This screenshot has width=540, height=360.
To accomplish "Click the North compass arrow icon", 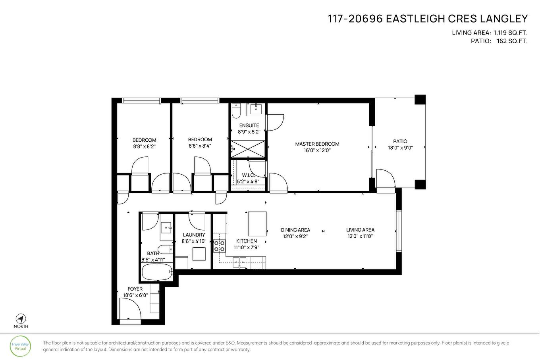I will [21, 318].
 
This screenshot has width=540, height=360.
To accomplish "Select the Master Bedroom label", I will [317, 144].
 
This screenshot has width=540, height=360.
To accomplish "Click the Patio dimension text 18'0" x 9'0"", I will [400, 148].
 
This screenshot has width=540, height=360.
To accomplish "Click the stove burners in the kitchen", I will [219, 246].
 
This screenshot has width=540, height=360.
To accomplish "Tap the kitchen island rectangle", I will [257, 224].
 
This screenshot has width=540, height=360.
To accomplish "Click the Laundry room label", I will [194, 235].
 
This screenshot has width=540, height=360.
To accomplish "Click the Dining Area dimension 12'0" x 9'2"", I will [295, 236].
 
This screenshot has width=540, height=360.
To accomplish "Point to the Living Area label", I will [360, 230].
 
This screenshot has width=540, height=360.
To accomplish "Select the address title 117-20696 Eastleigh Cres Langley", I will [428, 19].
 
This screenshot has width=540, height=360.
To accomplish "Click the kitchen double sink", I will [239, 261].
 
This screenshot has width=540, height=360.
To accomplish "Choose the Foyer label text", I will [135, 289].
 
